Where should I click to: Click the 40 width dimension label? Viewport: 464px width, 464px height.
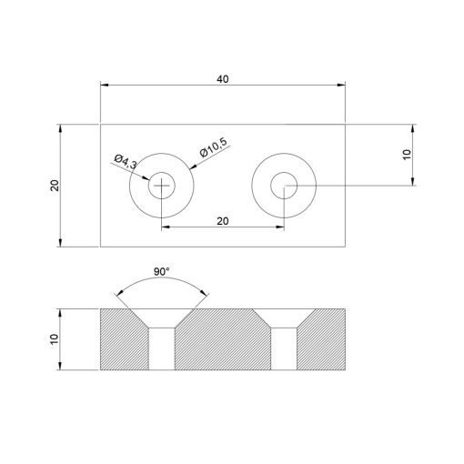click(222, 79)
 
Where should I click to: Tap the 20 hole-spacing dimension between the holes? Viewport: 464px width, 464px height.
click(222, 220)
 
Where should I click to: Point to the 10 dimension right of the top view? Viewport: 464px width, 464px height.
click(407, 155)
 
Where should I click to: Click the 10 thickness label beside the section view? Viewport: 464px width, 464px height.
click(55, 338)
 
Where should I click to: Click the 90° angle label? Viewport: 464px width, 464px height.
click(162, 272)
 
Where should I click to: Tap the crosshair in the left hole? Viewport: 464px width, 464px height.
click(162, 187)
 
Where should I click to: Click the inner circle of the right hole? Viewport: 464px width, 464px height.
click(285, 187)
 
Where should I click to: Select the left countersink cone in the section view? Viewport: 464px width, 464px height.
click(162, 318)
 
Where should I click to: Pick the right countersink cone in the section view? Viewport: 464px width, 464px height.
click(285, 318)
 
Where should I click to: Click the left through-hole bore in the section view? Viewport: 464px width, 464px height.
click(162, 348)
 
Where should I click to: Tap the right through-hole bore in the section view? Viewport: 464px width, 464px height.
click(285, 348)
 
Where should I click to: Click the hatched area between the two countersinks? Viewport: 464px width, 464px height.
click(223, 341)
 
